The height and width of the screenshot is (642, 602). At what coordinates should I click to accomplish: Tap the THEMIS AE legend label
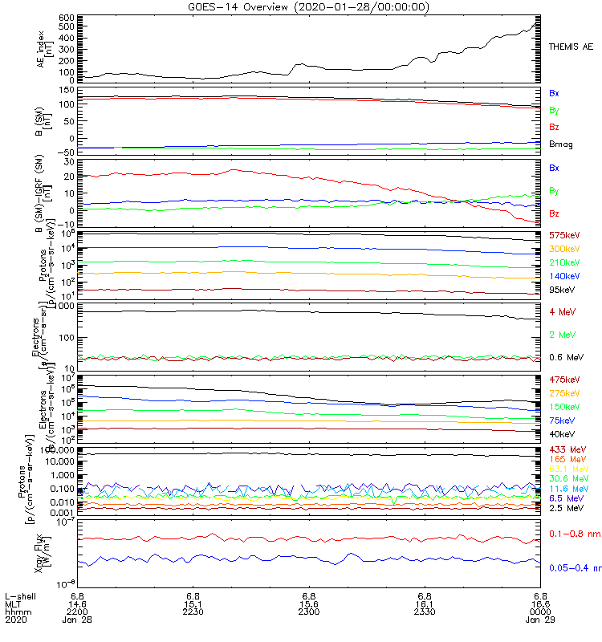571,47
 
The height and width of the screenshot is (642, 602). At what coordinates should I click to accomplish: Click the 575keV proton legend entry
564,235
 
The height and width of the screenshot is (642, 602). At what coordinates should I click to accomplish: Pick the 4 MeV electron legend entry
560,311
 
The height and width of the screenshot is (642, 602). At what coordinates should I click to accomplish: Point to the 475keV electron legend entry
564,379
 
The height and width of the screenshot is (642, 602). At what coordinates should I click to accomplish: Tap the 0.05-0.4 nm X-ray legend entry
575,568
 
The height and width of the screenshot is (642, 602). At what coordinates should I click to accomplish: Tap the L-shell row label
17,595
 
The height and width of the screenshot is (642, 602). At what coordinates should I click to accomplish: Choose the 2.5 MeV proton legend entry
564,508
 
